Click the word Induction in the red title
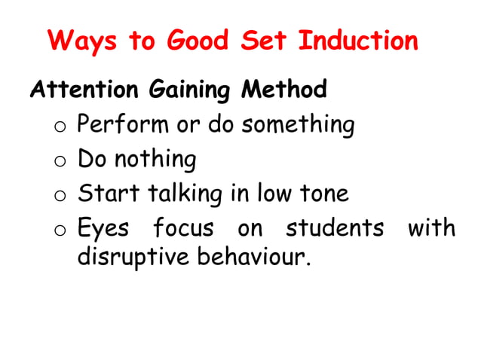pos(358,40)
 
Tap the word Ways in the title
pos(84,40)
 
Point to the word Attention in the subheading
pos(82,91)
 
